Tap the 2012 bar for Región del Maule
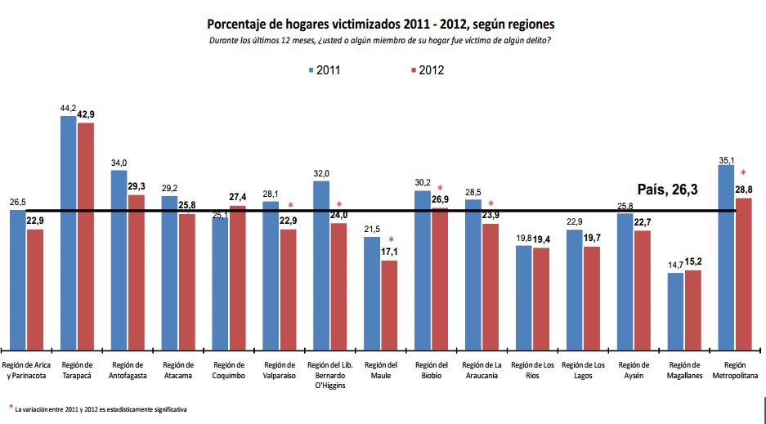click(389, 303)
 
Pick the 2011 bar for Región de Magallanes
click(675, 310)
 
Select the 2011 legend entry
click(325, 70)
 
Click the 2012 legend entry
click(426, 70)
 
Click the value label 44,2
click(67, 109)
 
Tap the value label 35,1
click(725, 161)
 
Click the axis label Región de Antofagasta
click(127, 370)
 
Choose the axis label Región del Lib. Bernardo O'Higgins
click(329, 375)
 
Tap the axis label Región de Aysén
click(634, 370)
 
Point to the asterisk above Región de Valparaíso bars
click(290, 205)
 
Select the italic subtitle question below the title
click(382, 41)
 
